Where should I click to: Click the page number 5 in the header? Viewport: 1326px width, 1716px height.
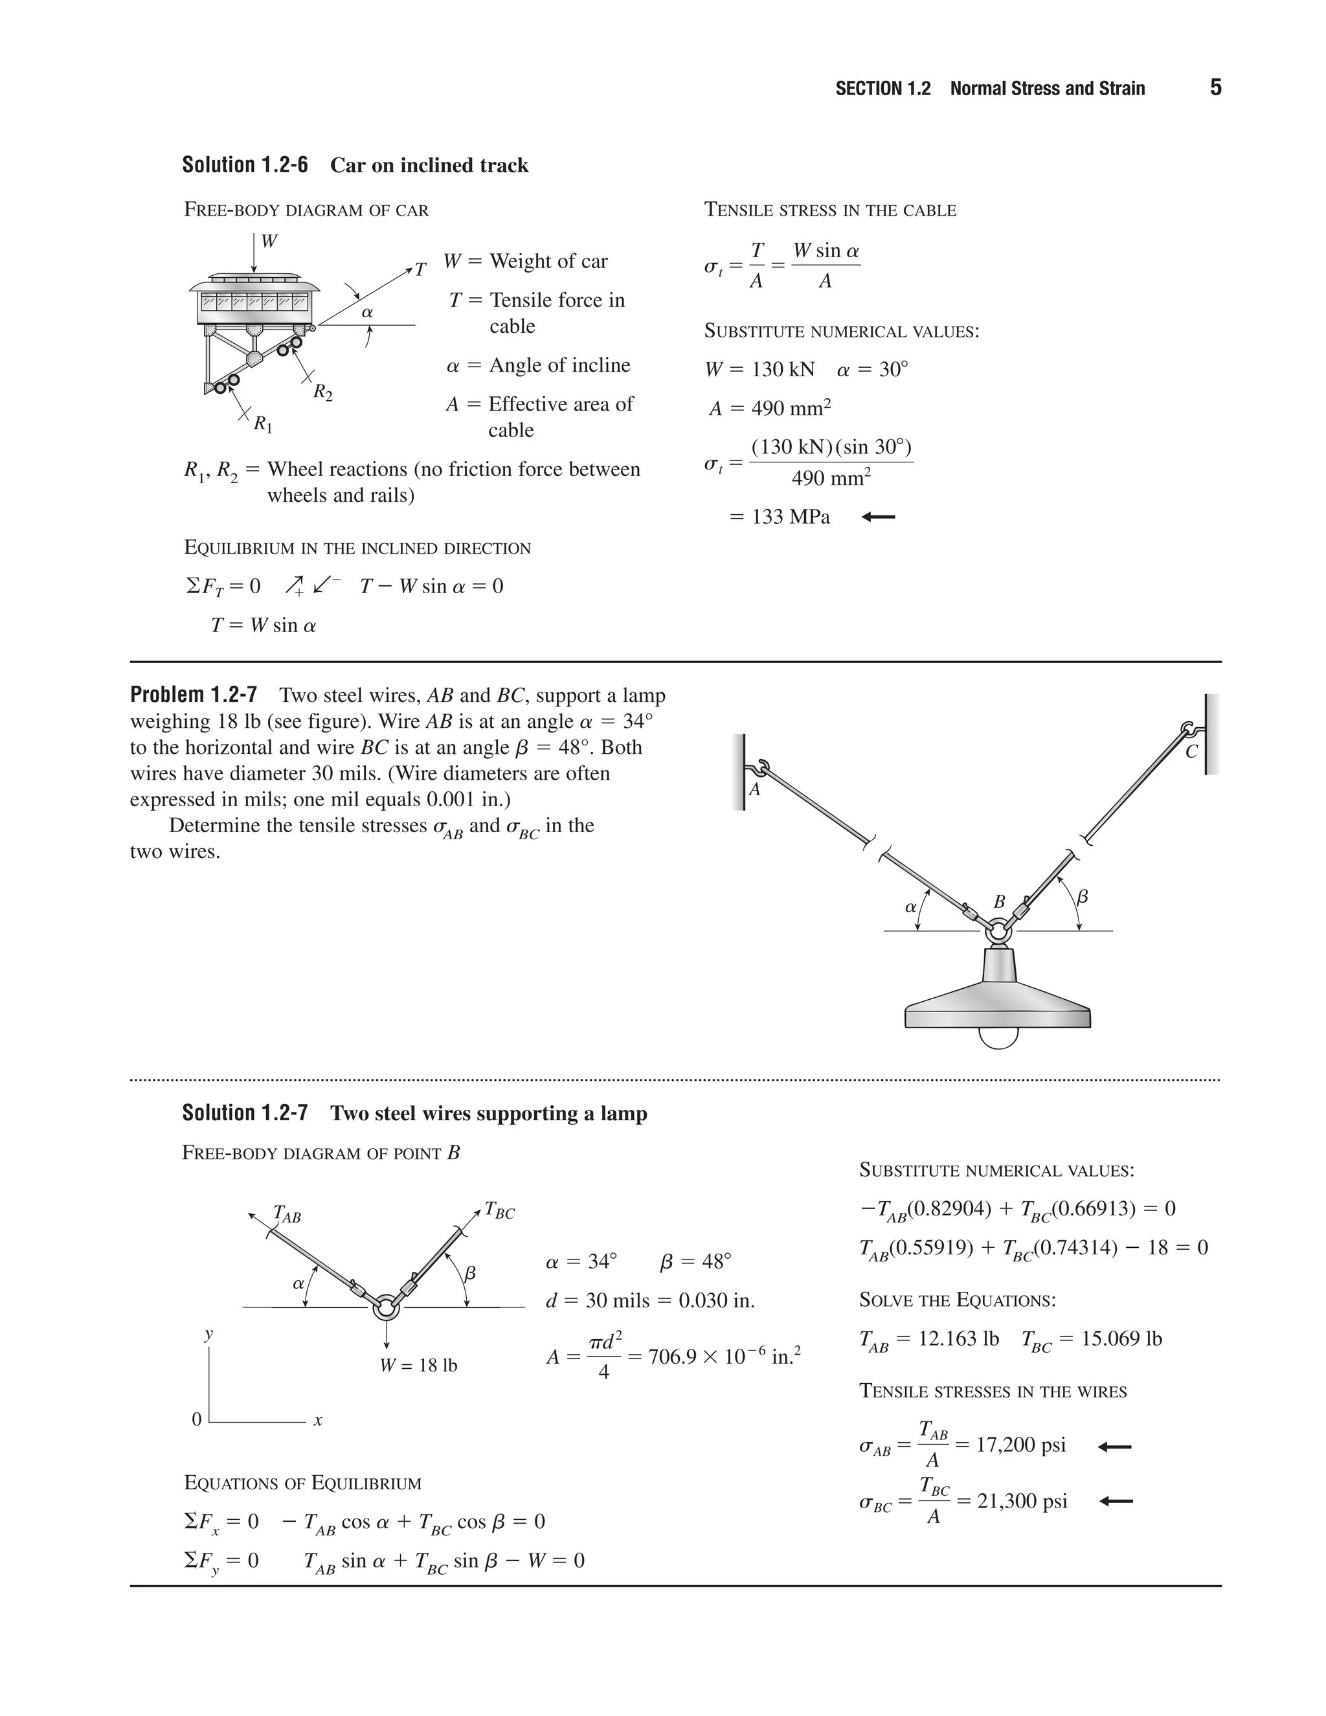[1215, 87]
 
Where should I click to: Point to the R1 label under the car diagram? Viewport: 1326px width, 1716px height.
[263, 425]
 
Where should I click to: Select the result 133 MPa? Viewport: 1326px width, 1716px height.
[791, 517]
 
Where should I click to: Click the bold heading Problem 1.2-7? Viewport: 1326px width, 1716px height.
[193, 695]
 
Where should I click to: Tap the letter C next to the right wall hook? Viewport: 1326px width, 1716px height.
[1191, 752]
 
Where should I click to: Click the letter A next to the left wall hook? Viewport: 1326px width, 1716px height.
[754, 789]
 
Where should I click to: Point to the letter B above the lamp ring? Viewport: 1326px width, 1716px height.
[999, 902]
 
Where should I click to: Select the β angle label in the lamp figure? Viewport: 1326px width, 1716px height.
[1083, 896]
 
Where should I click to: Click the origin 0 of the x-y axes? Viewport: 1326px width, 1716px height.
[197, 1419]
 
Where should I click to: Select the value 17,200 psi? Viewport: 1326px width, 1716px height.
[1020, 1445]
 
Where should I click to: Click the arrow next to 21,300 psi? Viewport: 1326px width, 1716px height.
[1115, 1502]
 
